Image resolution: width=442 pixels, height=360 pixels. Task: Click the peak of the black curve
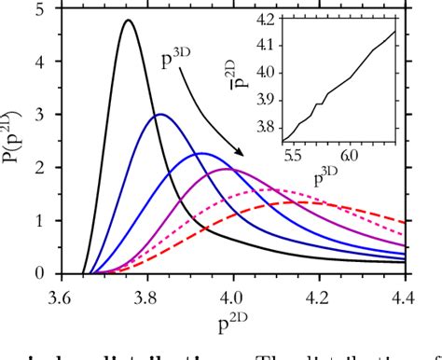pyautogui.click(x=128, y=21)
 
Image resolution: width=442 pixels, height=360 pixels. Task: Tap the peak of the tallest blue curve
pyautogui.click(x=160, y=115)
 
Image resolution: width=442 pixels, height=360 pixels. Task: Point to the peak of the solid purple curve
pyautogui.click(x=229, y=169)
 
